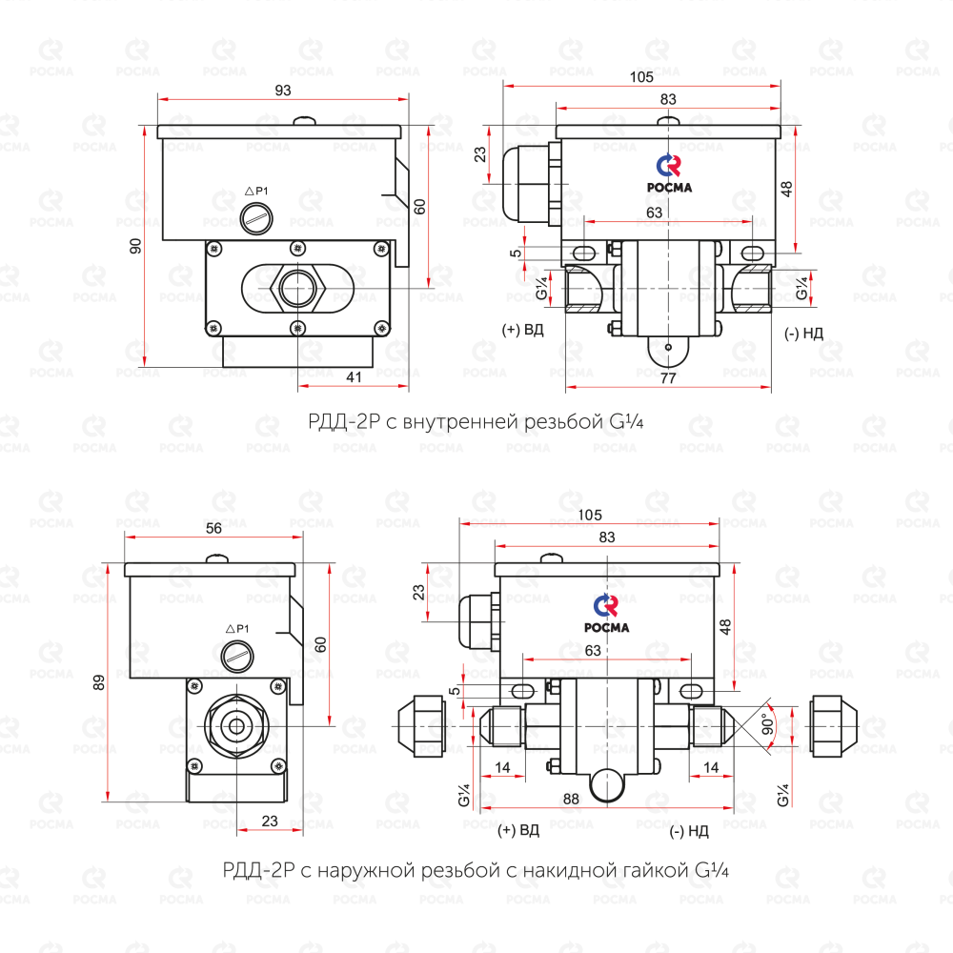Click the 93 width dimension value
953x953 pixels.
[x=283, y=91]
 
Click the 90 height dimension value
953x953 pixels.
[x=135, y=246]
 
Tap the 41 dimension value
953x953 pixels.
[x=354, y=377]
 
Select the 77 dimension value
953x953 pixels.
[x=668, y=378]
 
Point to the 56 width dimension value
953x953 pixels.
[x=213, y=528]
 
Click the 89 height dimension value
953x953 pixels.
[x=98, y=682]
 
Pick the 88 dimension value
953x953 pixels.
[x=571, y=799]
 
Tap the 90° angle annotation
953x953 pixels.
[x=768, y=724]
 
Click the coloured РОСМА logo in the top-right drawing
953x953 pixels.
[x=669, y=173]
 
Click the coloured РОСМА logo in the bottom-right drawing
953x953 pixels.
[x=606, y=614]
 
